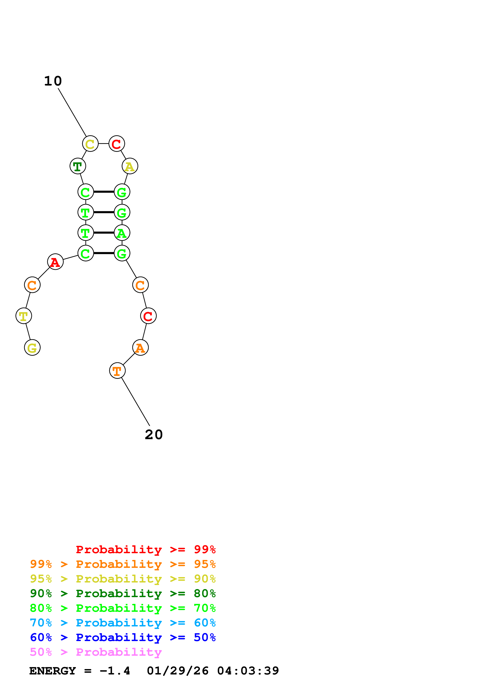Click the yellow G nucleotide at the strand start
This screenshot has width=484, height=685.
[x=32, y=348]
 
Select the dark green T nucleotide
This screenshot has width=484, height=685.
[x=78, y=166]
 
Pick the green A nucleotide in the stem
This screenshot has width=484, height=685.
[x=122, y=233]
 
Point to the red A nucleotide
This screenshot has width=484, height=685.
[x=55, y=262]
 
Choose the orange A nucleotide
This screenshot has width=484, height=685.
[x=140, y=348]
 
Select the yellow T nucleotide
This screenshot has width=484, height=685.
[x=24, y=316]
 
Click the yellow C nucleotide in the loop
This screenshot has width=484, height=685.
[x=90, y=144]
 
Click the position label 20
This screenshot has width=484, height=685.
[x=154, y=435]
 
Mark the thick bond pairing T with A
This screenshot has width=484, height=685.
[x=104, y=233]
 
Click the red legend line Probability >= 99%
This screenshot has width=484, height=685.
[x=145, y=549]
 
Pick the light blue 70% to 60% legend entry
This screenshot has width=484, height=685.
[x=123, y=623]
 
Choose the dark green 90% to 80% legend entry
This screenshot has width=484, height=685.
[x=123, y=593]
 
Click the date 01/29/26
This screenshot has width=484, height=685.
[x=178, y=671]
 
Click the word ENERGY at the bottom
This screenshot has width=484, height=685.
[x=53, y=671]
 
